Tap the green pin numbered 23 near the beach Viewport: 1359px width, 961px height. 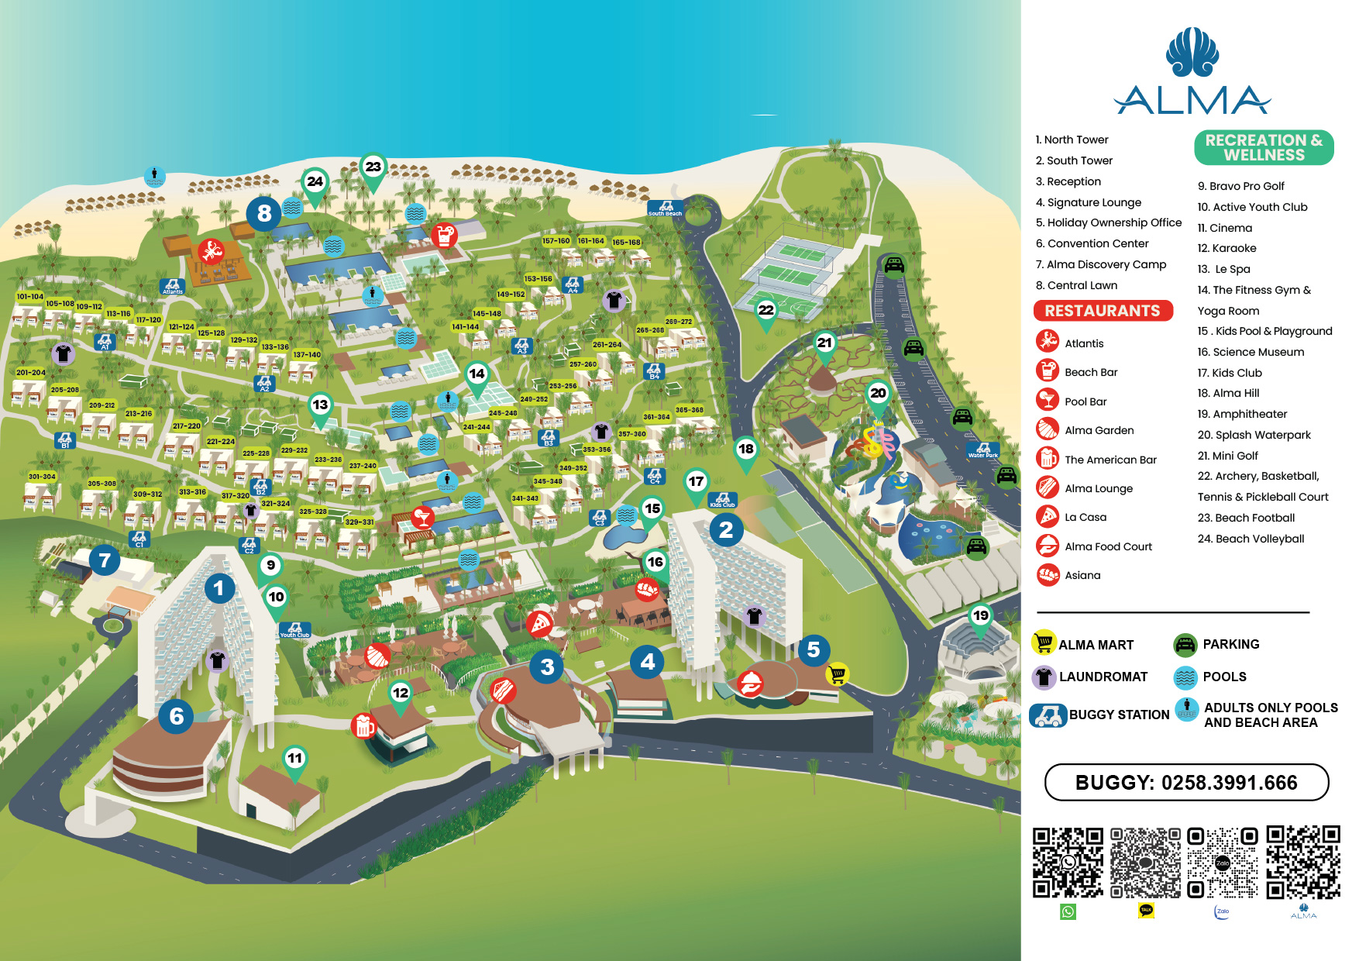373,167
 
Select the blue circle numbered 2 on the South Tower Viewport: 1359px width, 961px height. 726,530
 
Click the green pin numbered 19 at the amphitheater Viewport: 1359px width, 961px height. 981,616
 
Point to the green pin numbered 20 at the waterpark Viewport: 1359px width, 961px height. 878,393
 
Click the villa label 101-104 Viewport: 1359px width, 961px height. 30,297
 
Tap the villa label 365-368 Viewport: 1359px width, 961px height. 689,410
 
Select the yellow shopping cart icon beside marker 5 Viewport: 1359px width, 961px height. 837,674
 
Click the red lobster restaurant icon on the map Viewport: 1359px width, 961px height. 211,251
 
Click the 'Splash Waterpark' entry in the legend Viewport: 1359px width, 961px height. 1254,435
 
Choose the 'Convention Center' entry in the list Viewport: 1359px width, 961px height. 1092,243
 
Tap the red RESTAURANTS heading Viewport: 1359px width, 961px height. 1102,311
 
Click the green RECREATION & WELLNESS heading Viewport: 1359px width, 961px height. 1263,147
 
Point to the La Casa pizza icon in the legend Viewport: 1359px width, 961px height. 1048,517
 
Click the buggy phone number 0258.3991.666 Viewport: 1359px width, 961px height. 1186,783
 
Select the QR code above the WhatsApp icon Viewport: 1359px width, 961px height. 1068,863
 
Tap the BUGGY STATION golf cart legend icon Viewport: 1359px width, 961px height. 1048,715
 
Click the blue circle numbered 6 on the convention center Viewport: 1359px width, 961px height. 177,716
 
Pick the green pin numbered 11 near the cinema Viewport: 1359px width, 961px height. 295,758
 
